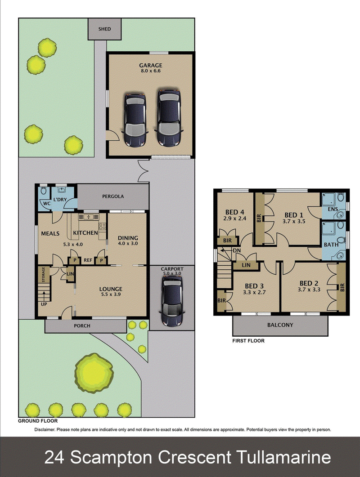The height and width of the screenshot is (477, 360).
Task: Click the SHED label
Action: coord(104,29)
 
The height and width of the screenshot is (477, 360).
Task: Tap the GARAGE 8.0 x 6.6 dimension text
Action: coord(150,71)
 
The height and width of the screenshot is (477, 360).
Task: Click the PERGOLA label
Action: coord(112,196)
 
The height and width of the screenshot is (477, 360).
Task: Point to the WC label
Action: coord(47,204)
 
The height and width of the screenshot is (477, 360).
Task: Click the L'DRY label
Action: coord(60,200)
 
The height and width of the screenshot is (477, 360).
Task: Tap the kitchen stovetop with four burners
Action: coord(102,226)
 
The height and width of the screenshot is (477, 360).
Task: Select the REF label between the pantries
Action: coord(88,260)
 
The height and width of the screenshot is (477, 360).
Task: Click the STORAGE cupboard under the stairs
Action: coord(44,274)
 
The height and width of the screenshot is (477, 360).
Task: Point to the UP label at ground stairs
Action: coord(44,304)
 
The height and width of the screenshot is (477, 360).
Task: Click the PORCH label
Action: coord(82,326)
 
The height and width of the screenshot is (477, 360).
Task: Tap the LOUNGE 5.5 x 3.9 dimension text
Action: coord(111,294)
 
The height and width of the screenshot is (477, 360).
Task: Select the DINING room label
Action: coord(128,238)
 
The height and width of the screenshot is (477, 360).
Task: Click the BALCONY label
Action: coord(280,325)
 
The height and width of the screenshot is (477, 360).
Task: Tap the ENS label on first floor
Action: coord(333,210)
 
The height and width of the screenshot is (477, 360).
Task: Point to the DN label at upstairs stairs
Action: coord(237,250)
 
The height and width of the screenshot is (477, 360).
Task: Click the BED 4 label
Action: coord(235,212)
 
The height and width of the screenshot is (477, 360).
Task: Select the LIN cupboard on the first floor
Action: coord(246,265)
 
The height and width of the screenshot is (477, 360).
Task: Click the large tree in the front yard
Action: coord(94,373)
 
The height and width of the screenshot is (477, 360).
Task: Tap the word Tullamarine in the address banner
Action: coord(283,457)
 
